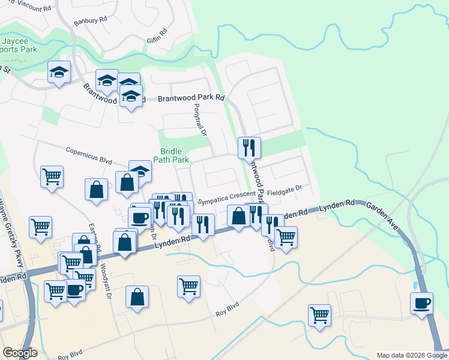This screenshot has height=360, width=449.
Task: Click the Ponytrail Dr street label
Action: (200, 119)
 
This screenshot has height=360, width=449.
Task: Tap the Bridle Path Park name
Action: (175, 155)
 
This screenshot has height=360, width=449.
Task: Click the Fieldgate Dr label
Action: (284, 188)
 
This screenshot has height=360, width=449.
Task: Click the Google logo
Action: (20, 353)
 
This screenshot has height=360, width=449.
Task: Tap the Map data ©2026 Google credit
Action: (412, 355)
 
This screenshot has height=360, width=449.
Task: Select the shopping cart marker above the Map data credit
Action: (319, 314)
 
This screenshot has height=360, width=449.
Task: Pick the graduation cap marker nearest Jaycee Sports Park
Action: (59, 71)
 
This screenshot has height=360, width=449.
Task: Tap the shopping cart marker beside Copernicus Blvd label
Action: (52, 176)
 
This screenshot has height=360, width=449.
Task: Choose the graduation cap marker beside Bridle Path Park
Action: (140, 172)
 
